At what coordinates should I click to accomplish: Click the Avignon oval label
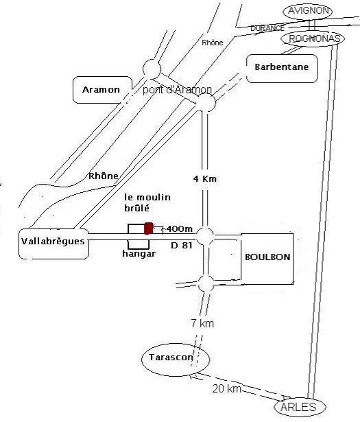(x=308, y=11)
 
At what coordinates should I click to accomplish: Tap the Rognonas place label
(x=313, y=38)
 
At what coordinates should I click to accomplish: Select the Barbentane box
(x=282, y=69)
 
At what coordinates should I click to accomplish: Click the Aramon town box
(x=102, y=90)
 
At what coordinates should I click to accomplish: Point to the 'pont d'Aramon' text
(x=177, y=90)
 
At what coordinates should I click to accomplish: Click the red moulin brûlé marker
(x=148, y=228)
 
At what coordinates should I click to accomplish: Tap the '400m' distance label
(x=180, y=229)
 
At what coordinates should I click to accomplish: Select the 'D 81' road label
(x=182, y=246)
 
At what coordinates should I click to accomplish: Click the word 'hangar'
(x=139, y=253)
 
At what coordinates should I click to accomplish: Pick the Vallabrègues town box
(x=53, y=244)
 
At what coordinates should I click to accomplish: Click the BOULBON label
(x=267, y=257)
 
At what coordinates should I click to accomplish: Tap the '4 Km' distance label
(x=205, y=178)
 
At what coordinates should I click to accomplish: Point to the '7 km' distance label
(x=202, y=323)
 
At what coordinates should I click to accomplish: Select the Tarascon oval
(x=176, y=359)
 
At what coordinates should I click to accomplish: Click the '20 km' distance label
(x=226, y=389)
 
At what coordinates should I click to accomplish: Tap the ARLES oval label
(x=300, y=407)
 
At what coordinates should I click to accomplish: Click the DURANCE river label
(x=267, y=28)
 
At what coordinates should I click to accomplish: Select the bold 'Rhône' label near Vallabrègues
(x=104, y=176)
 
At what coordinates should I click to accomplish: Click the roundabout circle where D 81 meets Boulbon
(x=205, y=236)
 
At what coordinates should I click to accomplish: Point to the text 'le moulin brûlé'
(x=147, y=202)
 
